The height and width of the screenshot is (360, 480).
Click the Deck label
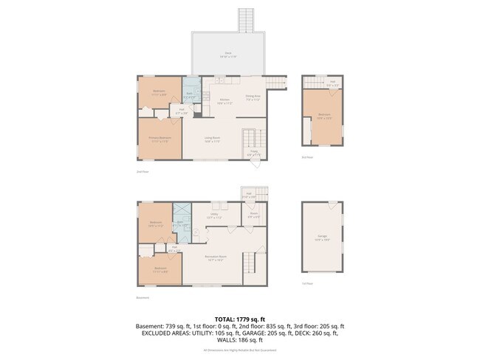coord(229,54)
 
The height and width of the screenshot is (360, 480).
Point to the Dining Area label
coord(253,96)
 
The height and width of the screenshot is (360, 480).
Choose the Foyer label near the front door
coord(253,154)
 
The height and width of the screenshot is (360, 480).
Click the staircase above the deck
coord(245,20)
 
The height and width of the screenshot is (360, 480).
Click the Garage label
coord(323,238)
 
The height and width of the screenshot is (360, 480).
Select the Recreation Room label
coord(217,257)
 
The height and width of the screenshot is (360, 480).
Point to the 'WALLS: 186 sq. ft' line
coord(240,341)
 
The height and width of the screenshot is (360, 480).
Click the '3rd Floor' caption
coord(307,157)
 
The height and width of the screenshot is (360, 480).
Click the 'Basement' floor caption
coord(143,298)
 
